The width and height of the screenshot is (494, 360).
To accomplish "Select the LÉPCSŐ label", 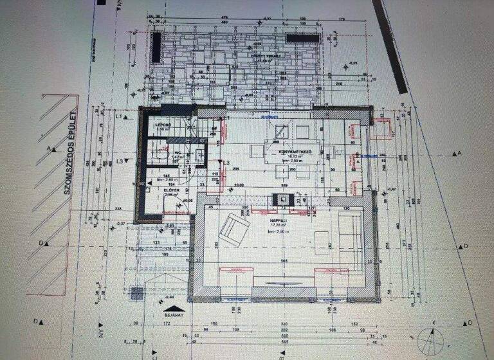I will [163, 124].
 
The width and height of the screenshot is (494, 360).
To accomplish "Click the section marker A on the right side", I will [459, 154].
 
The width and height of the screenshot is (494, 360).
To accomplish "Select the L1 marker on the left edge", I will [120, 114].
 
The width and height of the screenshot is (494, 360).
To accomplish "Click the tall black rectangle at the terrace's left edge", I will [156, 48].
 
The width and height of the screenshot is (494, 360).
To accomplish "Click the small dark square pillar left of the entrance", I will [137, 292].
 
